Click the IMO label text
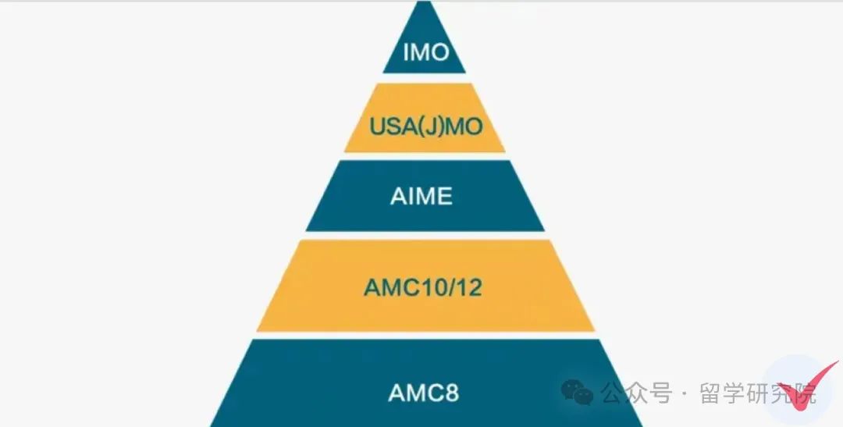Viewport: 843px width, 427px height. click(x=426, y=53)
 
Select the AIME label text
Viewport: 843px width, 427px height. click(x=421, y=196)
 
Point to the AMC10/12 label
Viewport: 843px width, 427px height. click(x=423, y=287)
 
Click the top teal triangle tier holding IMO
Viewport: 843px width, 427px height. click(x=424, y=35)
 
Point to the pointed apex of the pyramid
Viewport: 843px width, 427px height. click(x=424, y=5)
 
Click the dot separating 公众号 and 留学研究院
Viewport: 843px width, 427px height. click(x=685, y=394)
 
